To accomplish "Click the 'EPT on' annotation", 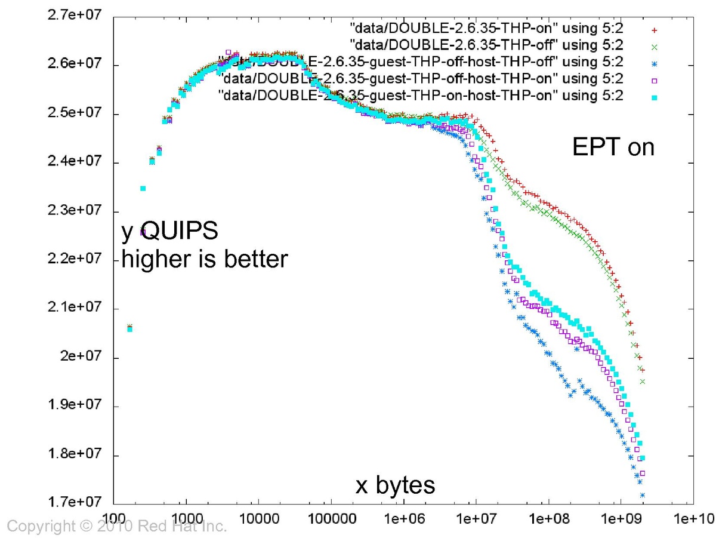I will point(613,147).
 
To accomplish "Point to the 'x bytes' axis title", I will point(395,486).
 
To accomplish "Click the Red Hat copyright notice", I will point(117,527).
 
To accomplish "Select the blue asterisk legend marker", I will point(653,62).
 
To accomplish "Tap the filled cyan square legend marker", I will point(653,96).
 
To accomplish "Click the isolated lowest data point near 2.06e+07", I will point(129,327).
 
